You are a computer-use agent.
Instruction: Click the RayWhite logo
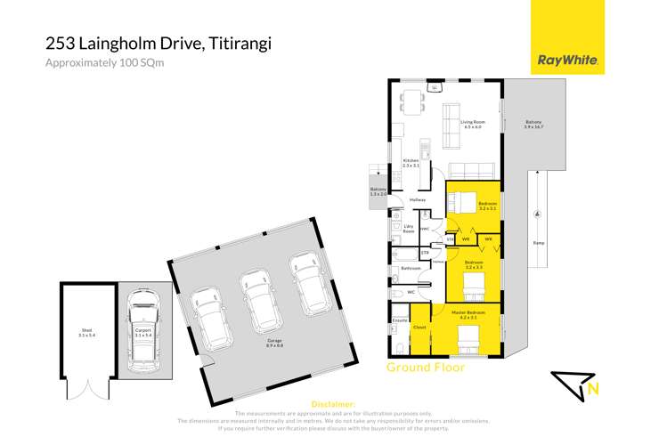point(567,61)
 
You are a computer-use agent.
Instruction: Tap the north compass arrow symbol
point(577,384)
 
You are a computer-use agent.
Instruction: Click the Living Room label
point(472,125)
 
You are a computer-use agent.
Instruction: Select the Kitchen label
point(411,163)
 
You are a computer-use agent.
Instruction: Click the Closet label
point(419,328)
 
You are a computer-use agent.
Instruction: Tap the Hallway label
point(418,200)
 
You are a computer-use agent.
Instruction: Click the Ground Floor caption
point(425,367)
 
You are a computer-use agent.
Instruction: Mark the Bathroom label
point(411,268)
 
